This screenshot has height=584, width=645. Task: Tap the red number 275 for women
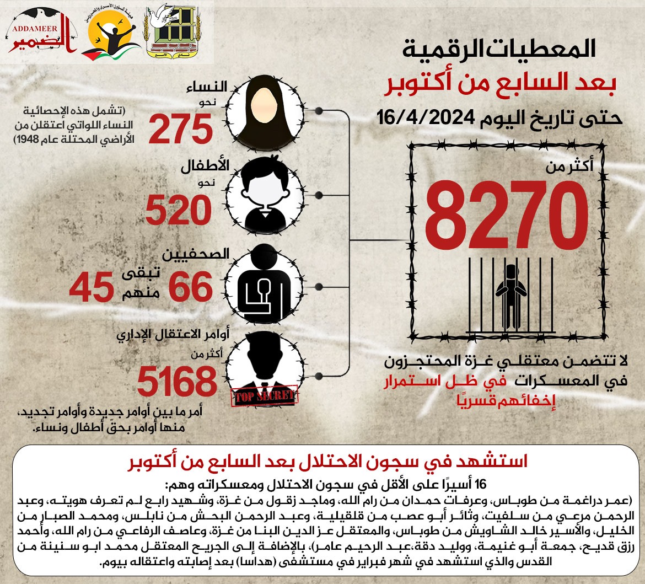(180, 130)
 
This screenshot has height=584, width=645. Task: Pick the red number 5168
(176, 382)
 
